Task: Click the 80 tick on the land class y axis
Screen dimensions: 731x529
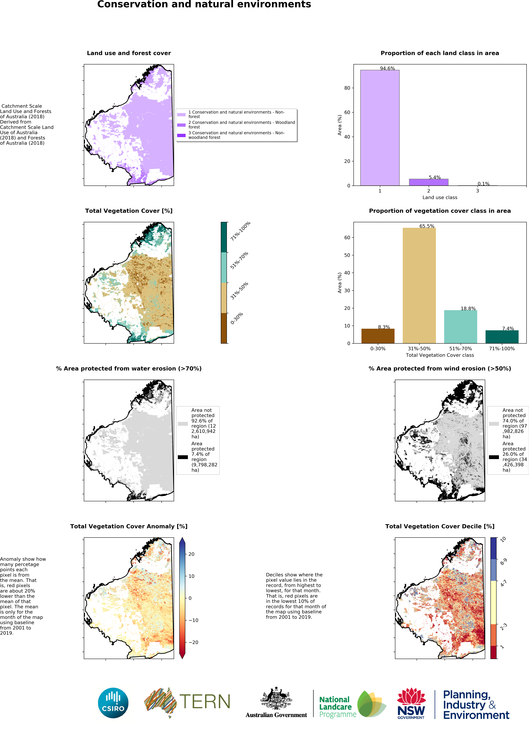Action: [347, 88]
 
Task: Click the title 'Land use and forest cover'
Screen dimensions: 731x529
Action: [129, 53]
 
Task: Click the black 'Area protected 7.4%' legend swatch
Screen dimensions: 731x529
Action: [183, 457]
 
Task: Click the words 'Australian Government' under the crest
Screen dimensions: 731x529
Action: [276, 715]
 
